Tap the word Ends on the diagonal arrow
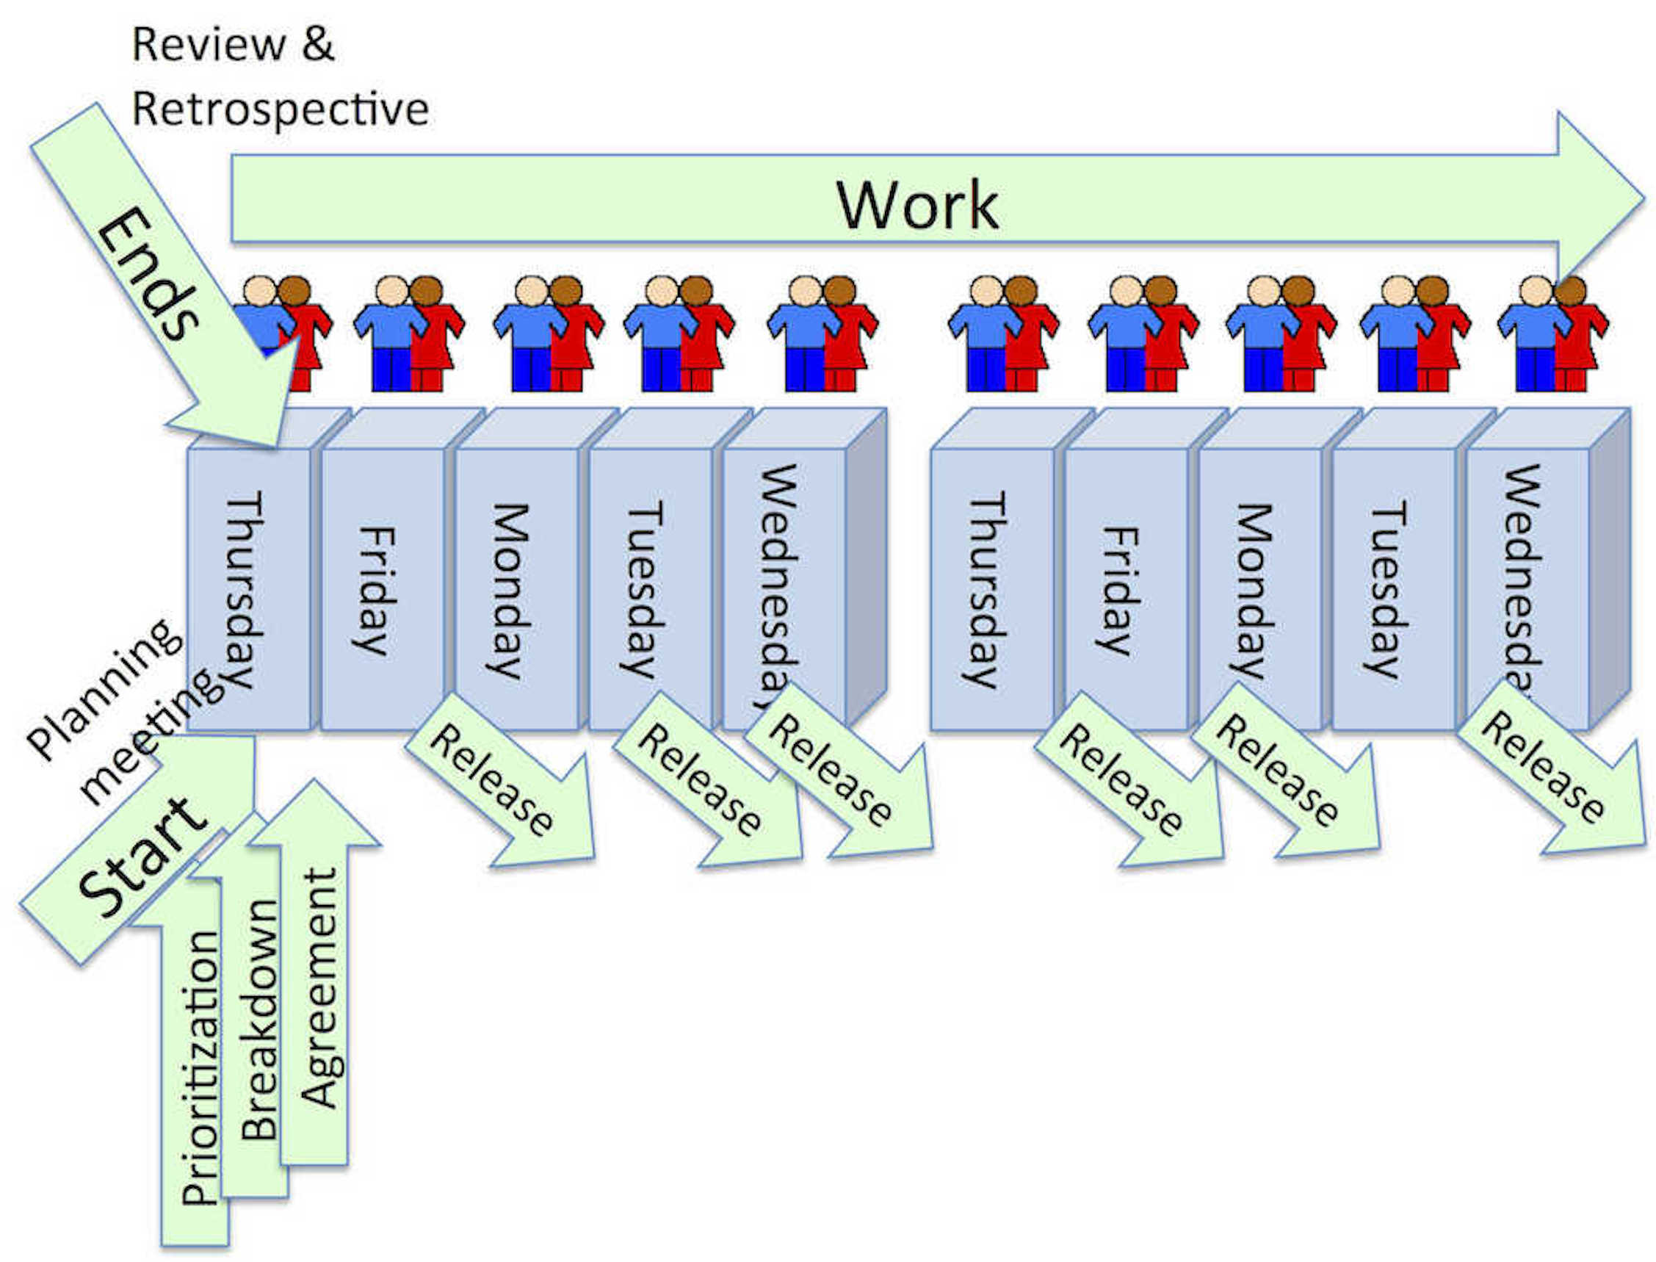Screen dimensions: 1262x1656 pyautogui.click(x=146, y=274)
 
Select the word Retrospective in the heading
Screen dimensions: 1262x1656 pyautogui.click(x=280, y=109)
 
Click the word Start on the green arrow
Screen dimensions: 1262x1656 pyautogui.click(x=142, y=857)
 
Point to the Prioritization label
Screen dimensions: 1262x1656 pyautogui.click(x=200, y=1067)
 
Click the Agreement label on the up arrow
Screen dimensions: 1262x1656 pyautogui.click(x=319, y=988)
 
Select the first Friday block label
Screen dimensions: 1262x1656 pyautogui.click(x=373, y=590)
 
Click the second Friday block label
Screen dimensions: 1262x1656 pyautogui.click(x=1117, y=590)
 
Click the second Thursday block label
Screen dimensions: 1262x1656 pyautogui.click(x=984, y=590)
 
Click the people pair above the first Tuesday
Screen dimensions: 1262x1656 pyautogui.click(x=678, y=334)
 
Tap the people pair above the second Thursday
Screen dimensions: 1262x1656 pyautogui.click(x=1002, y=334)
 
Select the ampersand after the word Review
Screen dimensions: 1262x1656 pyautogui.click(x=318, y=43)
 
